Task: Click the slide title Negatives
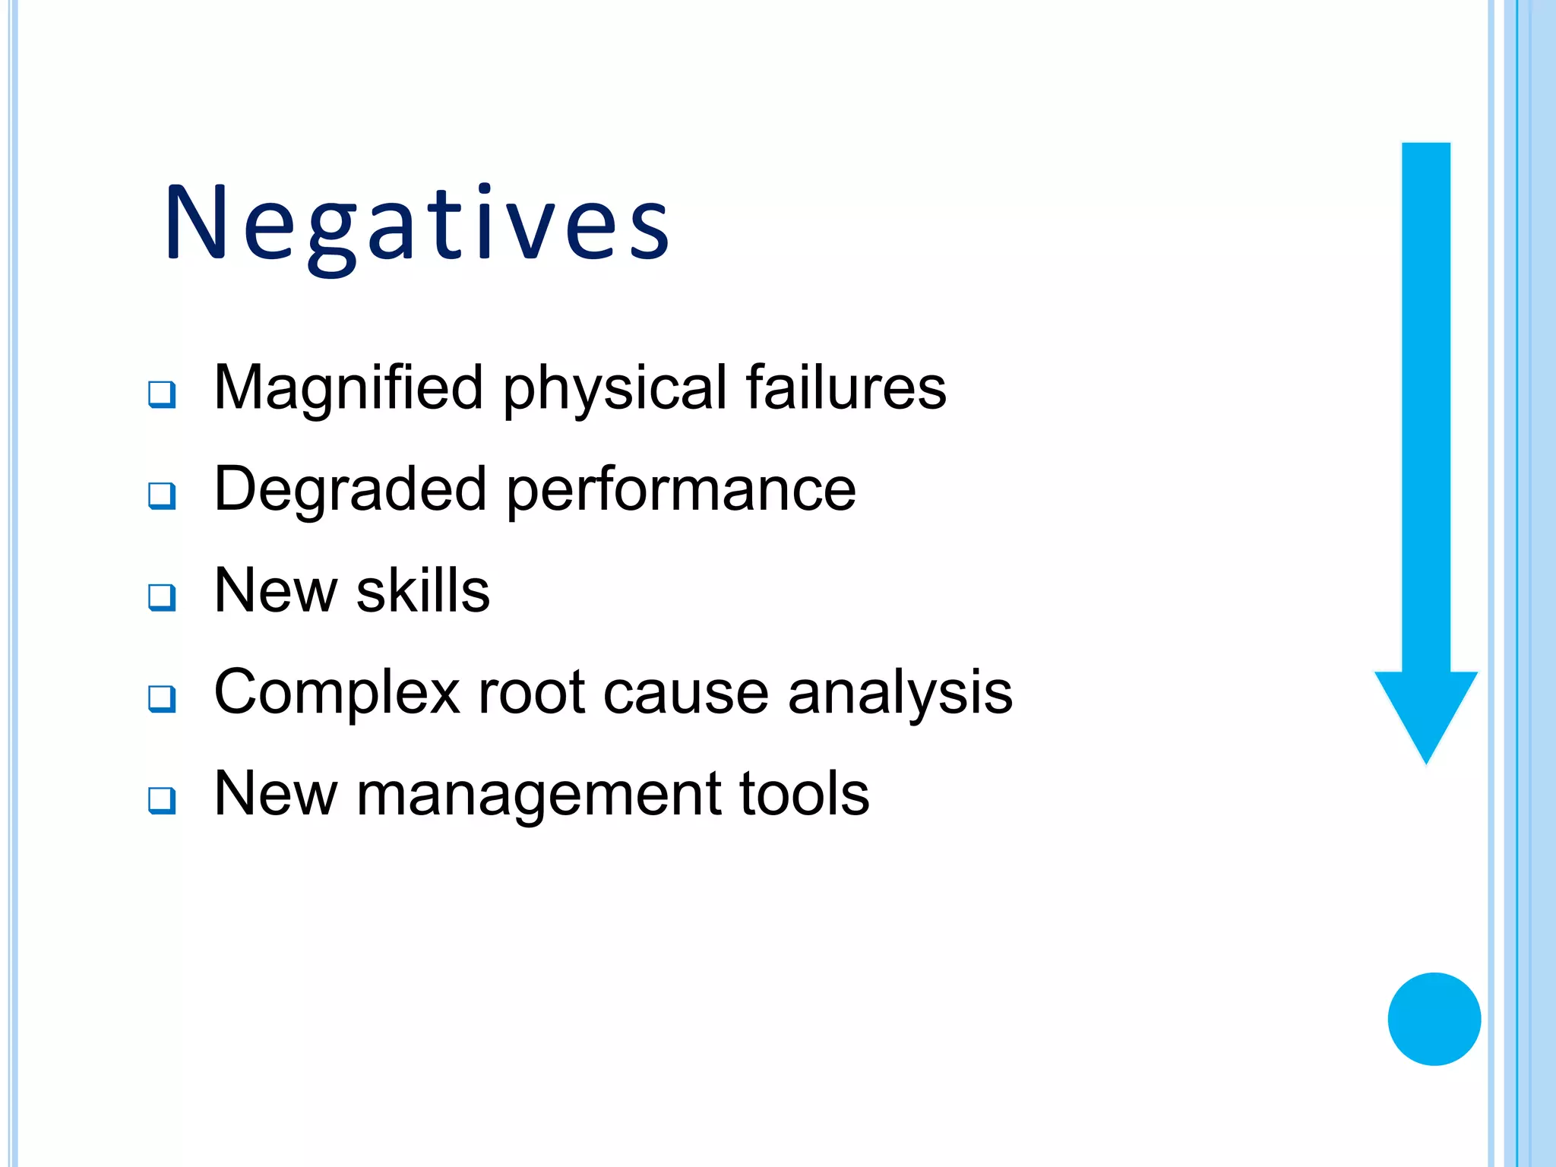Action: (x=416, y=224)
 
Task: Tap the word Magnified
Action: (x=348, y=387)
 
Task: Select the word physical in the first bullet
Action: (x=614, y=389)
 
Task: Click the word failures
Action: (x=846, y=387)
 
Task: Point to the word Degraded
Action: (x=350, y=490)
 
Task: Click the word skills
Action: (x=422, y=590)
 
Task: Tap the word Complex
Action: (x=337, y=693)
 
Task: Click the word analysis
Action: (x=900, y=693)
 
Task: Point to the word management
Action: (x=539, y=795)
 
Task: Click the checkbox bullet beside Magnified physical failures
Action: (x=162, y=394)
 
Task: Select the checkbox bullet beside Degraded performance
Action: (x=162, y=495)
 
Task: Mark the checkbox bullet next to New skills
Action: (x=162, y=597)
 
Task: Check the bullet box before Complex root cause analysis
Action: (x=162, y=698)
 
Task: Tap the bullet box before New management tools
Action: (x=162, y=800)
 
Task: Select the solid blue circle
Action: (x=1434, y=1019)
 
